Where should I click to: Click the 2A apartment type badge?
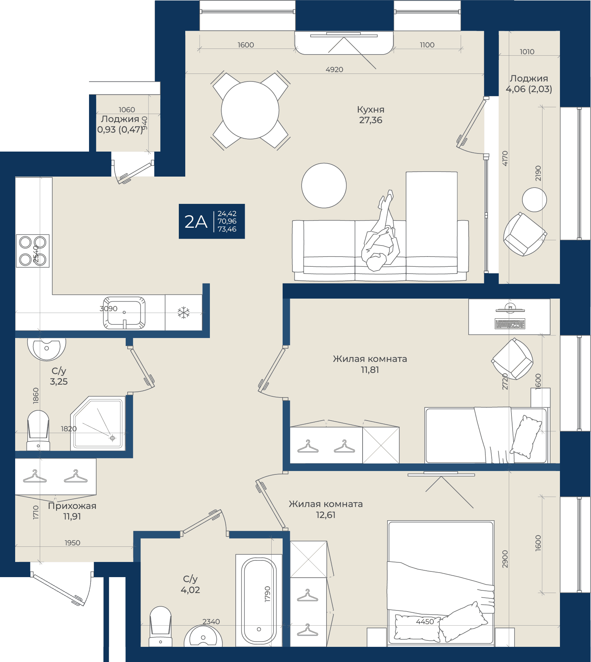click(x=212, y=221)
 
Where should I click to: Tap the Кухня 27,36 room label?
click(x=371, y=115)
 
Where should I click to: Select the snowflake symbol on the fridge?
click(x=184, y=313)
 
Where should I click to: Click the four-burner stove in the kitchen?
click(x=33, y=251)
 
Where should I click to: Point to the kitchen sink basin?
click(x=124, y=313)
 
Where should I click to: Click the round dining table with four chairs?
click(x=250, y=110)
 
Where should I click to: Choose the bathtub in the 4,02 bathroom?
click(x=259, y=600)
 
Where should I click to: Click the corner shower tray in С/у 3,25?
click(x=98, y=423)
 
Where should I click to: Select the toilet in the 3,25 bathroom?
click(x=38, y=430)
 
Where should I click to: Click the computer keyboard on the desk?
click(x=510, y=324)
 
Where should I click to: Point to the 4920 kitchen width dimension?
click(x=335, y=69)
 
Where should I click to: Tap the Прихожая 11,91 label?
click(x=72, y=511)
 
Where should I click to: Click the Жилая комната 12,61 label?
click(x=326, y=509)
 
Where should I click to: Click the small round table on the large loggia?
click(x=534, y=200)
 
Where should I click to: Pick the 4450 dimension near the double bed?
click(x=425, y=621)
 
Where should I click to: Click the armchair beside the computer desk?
click(x=512, y=359)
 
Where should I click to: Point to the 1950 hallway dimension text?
click(x=72, y=543)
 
